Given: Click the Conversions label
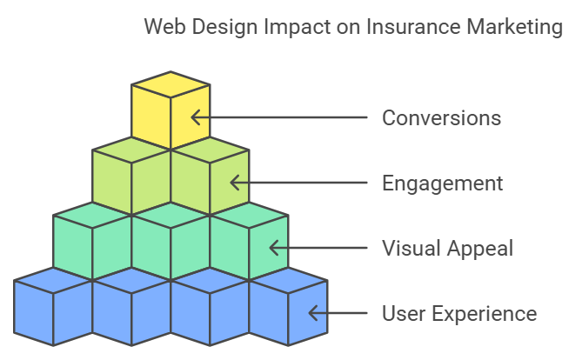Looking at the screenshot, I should pos(441,117).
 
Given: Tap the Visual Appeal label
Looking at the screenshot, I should pos(447,249).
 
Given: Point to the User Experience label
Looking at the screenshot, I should pos(459,313).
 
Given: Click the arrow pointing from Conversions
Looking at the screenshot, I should pos(278,117).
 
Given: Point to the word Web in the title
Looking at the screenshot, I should pos(163,28).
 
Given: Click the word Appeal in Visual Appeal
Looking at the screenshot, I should pos(482,249).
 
